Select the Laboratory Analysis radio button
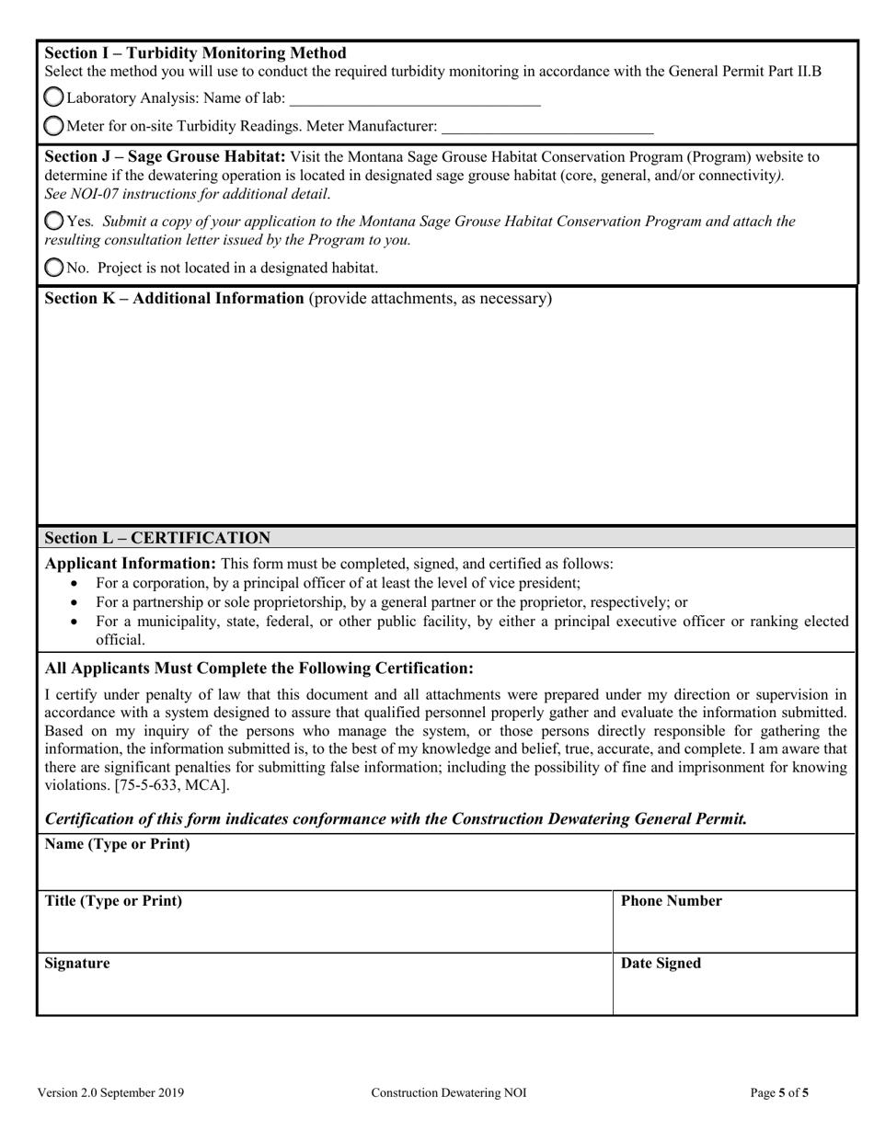[x=54, y=97]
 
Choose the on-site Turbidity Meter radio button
[x=54, y=125]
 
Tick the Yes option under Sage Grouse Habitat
[x=54, y=221]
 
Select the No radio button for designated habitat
[x=54, y=268]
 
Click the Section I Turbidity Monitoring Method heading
[x=195, y=53]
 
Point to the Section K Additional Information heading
[x=174, y=299]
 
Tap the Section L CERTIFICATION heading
[x=157, y=538]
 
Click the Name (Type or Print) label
[x=117, y=844]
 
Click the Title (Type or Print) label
[x=113, y=901]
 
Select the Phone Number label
[x=672, y=901]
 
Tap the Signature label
[x=77, y=964]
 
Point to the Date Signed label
[x=661, y=964]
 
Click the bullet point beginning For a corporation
[x=338, y=583]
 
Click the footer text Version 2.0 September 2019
[x=110, y=1093]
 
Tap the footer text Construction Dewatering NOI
[x=449, y=1093]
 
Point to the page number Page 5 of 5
[x=779, y=1093]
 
